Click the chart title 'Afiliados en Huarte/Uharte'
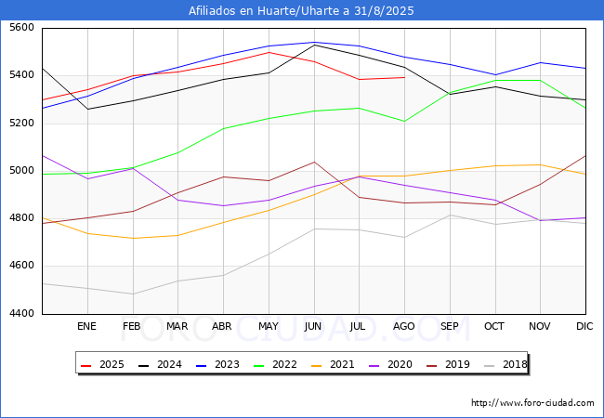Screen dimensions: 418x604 coord(301,11)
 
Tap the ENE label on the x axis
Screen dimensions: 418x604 coord(86,327)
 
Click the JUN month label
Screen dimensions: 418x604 coord(314,327)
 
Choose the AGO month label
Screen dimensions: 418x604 coord(404,327)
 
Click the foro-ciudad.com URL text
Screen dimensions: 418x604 coord(532,403)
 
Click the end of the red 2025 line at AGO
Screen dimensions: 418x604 coord(404,77)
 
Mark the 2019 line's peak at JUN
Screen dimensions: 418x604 coord(314,162)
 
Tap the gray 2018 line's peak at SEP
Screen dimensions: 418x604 coord(450,215)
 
